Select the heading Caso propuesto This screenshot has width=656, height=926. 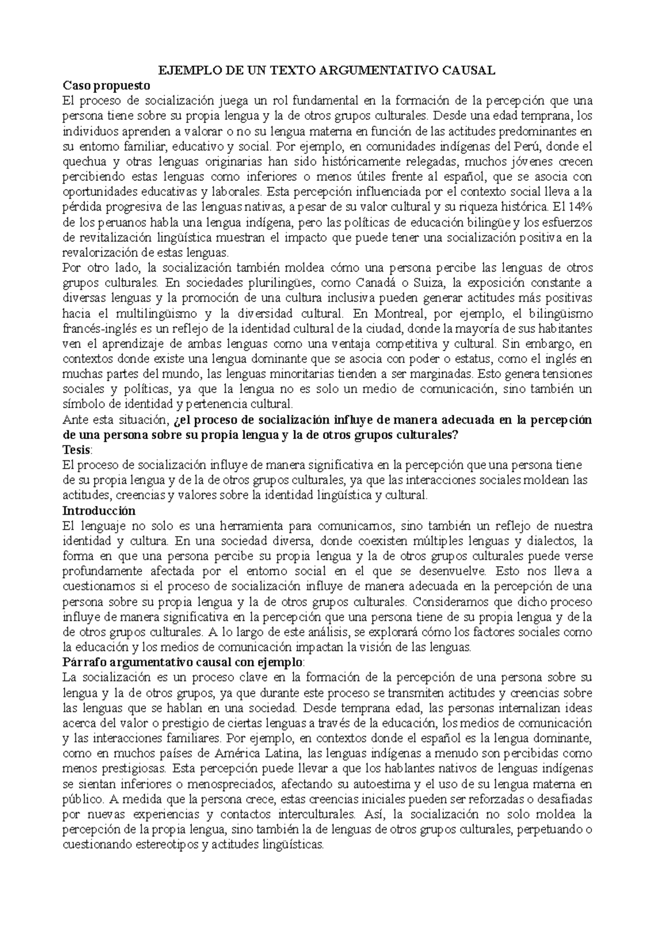(106, 86)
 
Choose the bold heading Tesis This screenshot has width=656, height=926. (77, 450)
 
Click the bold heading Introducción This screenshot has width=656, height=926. (99, 511)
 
